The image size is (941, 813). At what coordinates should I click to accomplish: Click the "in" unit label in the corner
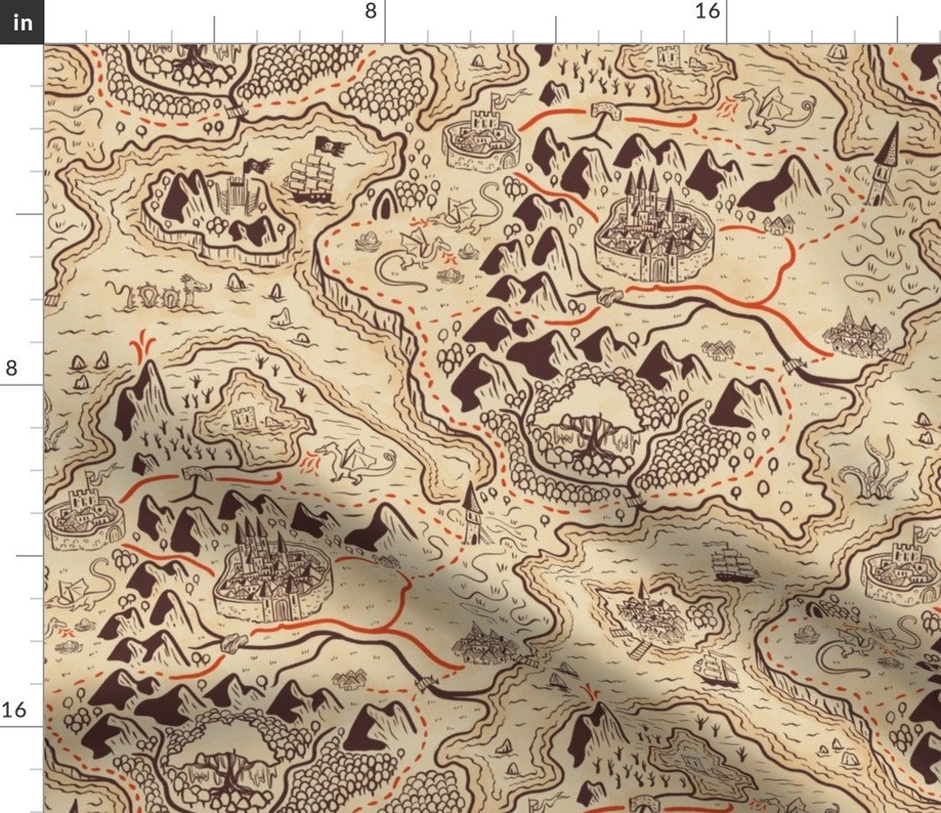click(x=22, y=22)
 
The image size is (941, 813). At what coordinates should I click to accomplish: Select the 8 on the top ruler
click(x=371, y=11)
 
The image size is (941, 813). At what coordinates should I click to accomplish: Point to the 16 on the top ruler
click(x=708, y=11)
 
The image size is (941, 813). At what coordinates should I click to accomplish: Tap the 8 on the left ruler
click(x=11, y=368)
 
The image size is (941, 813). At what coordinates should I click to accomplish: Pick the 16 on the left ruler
click(x=13, y=709)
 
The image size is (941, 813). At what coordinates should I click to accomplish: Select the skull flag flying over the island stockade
click(x=255, y=163)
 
